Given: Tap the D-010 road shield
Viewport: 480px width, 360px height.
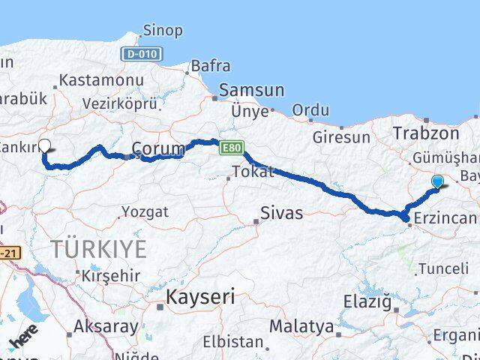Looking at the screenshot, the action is [141, 54].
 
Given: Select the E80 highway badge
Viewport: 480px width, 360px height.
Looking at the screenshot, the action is [231, 150].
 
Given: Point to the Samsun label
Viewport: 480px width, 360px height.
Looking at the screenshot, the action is [251, 90].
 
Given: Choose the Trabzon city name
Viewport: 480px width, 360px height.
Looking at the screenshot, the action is [426, 133].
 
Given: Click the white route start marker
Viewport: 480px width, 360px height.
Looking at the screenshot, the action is [44, 146].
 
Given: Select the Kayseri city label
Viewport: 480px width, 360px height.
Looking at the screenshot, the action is [200, 296].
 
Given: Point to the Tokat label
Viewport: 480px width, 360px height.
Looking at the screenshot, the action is [253, 172].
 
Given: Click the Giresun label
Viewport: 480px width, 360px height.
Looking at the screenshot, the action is [342, 137].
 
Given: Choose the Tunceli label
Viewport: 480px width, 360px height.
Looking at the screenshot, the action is [444, 268].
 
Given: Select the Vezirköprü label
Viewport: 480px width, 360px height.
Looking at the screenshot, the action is [121, 104].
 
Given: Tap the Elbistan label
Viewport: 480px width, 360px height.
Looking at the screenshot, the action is [232, 342].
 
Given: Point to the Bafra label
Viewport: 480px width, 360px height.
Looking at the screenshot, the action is [210, 66].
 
